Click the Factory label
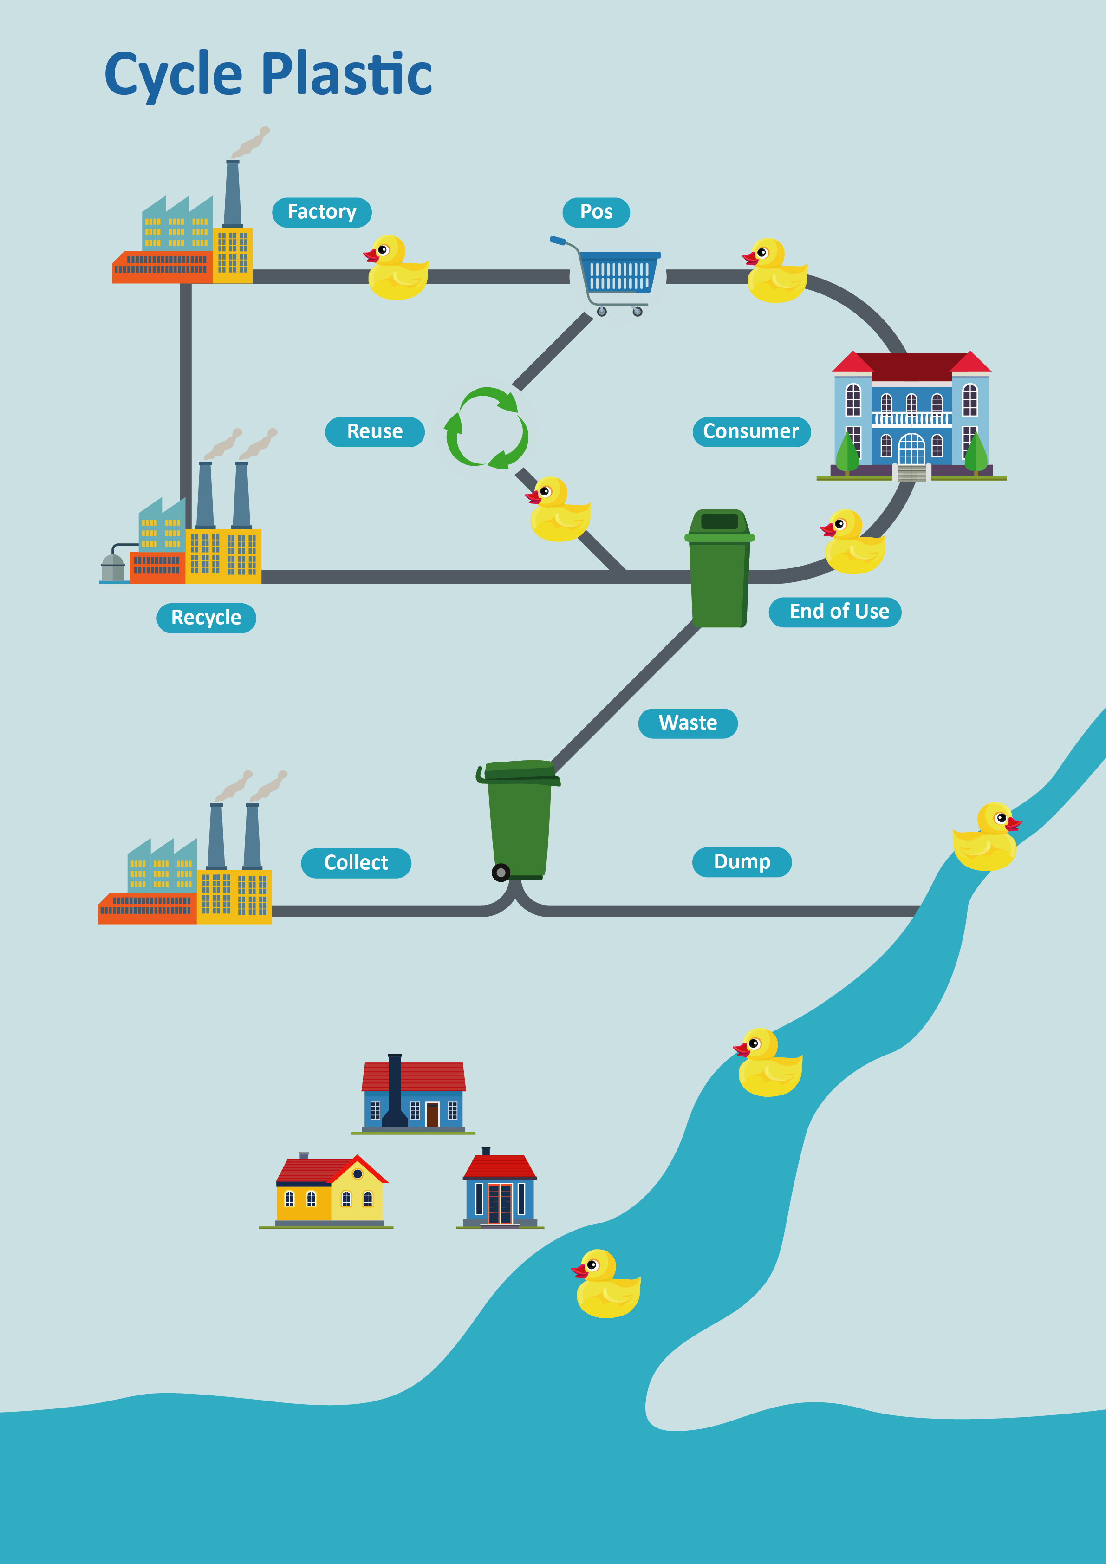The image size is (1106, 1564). [321, 212]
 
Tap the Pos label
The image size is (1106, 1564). [596, 212]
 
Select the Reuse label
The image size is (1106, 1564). [375, 431]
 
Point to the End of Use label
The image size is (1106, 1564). [835, 612]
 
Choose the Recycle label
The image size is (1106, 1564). [206, 618]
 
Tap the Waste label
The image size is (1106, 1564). [687, 723]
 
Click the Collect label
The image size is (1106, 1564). [356, 863]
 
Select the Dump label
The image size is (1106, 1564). [742, 862]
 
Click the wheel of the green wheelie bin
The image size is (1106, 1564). [501, 872]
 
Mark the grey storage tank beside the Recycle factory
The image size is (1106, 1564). [113, 567]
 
